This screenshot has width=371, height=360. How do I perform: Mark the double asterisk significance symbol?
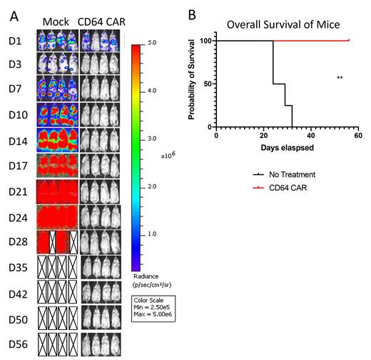pos(340,77)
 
